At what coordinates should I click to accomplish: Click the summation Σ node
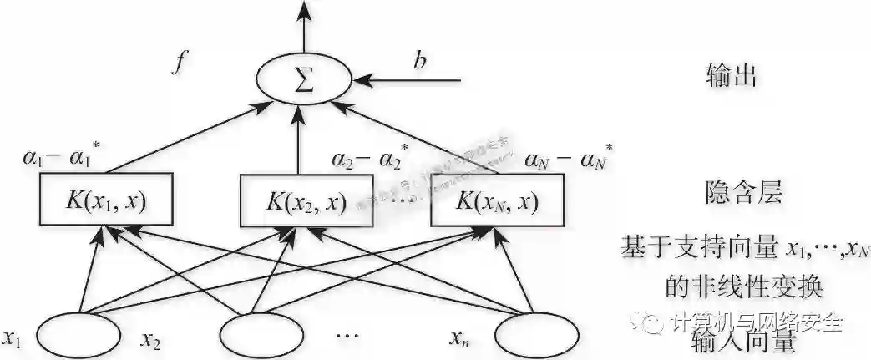click(303, 80)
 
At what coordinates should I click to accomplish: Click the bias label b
click(419, 60)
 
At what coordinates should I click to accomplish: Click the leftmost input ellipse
click(79, 335)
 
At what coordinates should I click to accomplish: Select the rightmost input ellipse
click(536, 335)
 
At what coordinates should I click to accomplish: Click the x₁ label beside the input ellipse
click(12, 338)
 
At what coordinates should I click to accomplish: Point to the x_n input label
click(457, 338)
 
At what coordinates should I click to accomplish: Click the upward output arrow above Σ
click(303, 25)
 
